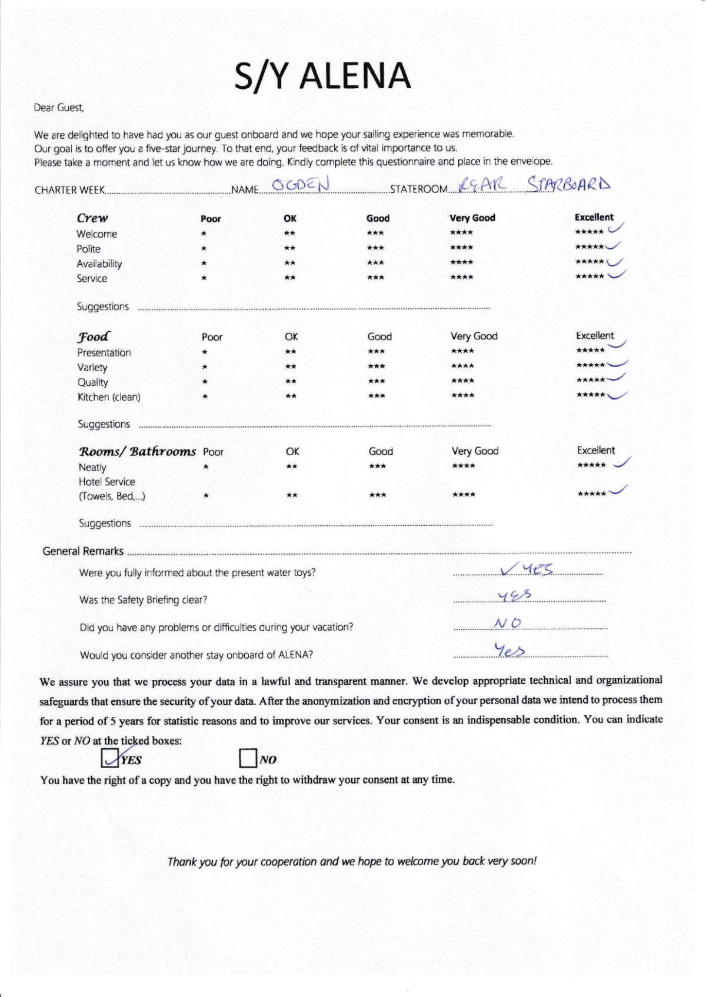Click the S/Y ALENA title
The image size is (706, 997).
[322, 76]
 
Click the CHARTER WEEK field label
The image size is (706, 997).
[69, 190]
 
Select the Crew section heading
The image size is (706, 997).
[92, 218]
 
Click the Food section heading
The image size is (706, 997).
[93, 336]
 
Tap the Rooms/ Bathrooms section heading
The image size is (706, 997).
[137, 451]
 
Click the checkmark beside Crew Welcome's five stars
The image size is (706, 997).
[616, 229]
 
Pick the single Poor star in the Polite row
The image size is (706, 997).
[204, 248]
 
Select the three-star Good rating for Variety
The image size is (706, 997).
[376, 366]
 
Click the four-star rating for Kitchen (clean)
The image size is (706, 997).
[462, 396]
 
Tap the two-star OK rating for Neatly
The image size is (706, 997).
[291, 467]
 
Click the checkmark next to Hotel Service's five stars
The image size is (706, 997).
[618, 490]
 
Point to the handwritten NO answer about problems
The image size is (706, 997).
[508, 623]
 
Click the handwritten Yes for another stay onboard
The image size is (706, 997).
[509, 650]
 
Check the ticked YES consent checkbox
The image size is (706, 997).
[110, 759]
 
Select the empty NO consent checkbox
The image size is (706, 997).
[248, 759]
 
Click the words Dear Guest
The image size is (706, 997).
[59, 108]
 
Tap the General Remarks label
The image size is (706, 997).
[83, 551]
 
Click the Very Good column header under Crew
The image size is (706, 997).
[472, 218]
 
